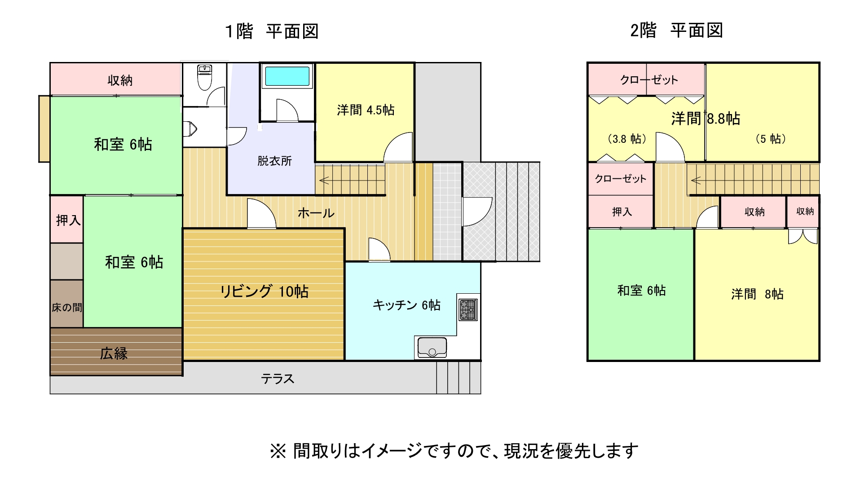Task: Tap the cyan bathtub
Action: tap(287, 76)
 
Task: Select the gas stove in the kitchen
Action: tap(467, 310)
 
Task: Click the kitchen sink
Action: tap(432, 348)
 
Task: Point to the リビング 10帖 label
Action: tap(264, 291)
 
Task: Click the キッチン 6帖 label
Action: tap(406, 305)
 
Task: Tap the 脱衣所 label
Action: tap(274, 161)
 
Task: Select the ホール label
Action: tap(316, 213)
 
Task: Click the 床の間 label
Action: tap(67, 308)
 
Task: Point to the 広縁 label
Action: tap(114, 353)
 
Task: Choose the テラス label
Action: tap(278, 379)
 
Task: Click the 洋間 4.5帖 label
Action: tap(366, 110)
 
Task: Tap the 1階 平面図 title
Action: tap(272, 31)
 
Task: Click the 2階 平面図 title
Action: tap(676, 31)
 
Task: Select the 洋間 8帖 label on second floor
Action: tap(757, 294)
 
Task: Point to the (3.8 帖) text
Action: tap(626, 139)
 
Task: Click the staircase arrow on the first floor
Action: tap(324, 181)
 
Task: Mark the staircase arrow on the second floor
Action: tap(696, 181)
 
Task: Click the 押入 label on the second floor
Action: tap(622, 212)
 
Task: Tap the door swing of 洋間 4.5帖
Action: tap(399, 147)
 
